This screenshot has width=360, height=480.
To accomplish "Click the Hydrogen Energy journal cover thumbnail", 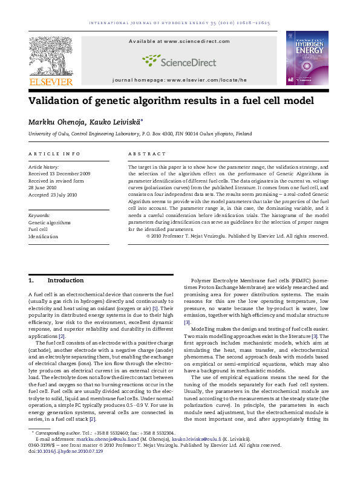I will [307, 58].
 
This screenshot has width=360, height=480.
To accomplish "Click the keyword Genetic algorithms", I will [50, 222].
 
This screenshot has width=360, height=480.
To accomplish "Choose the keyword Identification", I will [44, 236].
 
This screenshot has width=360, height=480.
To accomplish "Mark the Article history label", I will [44, 166].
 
